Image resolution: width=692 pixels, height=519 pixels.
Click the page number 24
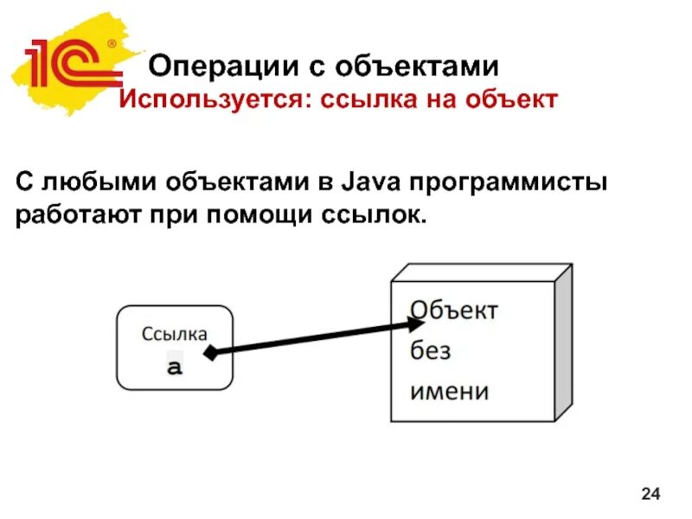click(650, 494)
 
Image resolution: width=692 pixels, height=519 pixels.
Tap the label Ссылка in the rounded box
click(175, 333)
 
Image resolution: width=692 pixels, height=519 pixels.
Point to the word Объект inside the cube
click(453, 311)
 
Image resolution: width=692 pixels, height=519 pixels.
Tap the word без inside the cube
click(430, 351)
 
